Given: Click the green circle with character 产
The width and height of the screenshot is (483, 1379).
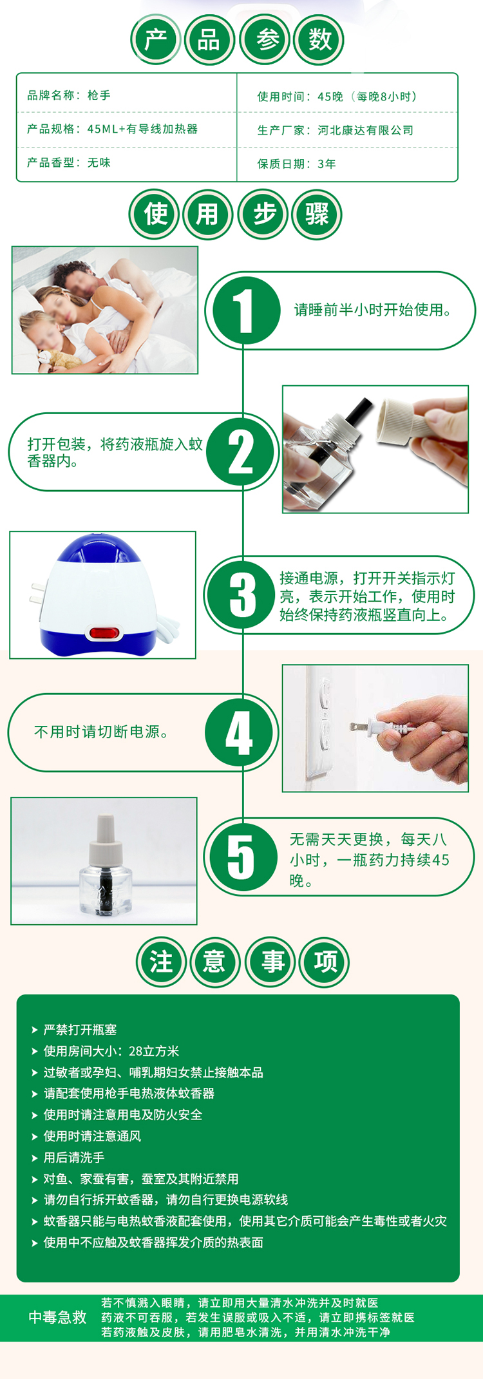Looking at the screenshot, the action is tap(156, 40).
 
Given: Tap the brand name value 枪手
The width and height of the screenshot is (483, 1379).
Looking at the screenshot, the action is tap(99, 95).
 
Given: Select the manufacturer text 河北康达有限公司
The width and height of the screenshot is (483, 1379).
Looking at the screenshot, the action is tap(366, 130).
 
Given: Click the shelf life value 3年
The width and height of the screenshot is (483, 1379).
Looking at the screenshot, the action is tap(327, 164).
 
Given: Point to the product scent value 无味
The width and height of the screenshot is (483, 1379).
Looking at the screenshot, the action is tap(99, 163).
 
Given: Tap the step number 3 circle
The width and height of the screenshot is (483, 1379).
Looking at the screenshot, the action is tap(243, 594).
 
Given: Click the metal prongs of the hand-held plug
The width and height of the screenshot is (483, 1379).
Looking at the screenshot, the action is tap(360, 727).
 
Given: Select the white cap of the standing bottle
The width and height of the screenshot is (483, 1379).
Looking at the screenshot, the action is tap(106, 841).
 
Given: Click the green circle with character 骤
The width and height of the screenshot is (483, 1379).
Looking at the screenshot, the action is tap(317, 214).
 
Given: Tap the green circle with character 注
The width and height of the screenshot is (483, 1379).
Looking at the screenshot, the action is tap(161, 962).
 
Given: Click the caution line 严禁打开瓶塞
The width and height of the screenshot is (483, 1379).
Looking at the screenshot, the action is tap(80, 1030).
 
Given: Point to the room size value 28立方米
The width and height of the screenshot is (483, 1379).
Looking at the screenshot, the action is tap(154, 1051).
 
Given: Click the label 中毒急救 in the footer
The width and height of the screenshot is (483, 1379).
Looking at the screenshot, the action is tap(57, 1317).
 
